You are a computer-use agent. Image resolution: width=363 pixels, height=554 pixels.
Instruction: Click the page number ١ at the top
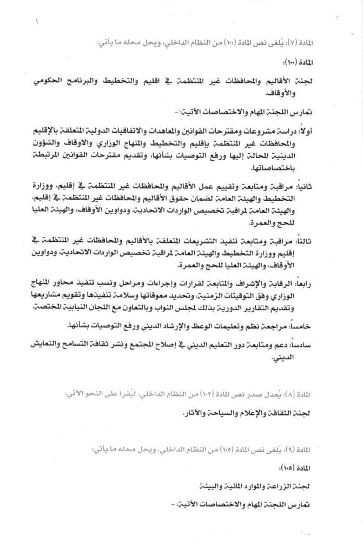[x=37, y=23]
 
